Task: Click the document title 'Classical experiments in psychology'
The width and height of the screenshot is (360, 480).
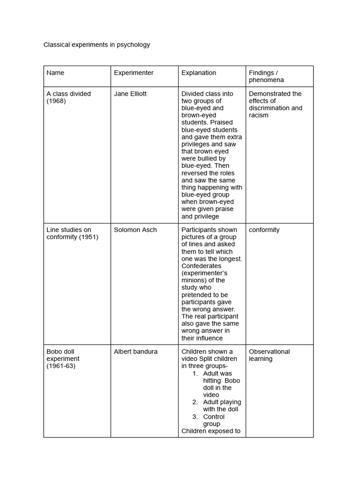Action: [x=97, y=45]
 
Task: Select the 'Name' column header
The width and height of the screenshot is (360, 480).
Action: [x=55, y=73]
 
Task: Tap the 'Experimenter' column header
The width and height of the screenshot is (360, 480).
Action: [x=134, y=73]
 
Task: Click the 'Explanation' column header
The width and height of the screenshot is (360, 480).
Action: [x=199, y=73]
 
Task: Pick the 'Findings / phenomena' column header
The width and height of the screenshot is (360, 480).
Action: [x=266, y=76]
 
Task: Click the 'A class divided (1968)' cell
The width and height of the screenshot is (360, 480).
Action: [x=68, y=97]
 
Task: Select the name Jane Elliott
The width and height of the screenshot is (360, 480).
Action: [x=130, y=94]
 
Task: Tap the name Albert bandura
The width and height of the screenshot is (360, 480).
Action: [x=135, y=352]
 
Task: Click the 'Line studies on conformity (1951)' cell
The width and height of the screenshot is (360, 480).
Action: [x=72, y=233]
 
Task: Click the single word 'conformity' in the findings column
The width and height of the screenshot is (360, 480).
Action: [x=264, y=230]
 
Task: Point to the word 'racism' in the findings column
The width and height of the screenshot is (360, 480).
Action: [x=259, y=115]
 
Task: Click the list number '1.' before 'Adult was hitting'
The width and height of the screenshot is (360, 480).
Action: [x=195, y=374]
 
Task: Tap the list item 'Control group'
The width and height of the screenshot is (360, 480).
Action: [x=214, y=420]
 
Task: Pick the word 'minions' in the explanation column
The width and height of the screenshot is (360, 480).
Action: [x=193, y=280]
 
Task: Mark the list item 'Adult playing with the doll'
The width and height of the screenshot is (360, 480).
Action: [x=222, y=405]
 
